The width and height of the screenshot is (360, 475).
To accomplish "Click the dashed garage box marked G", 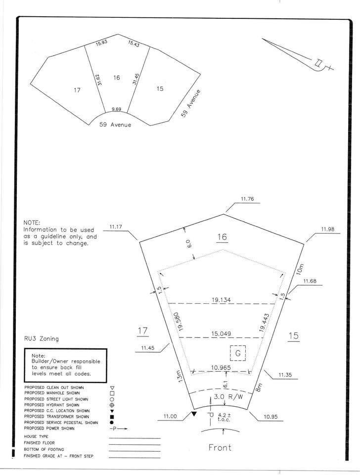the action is coord(238,353).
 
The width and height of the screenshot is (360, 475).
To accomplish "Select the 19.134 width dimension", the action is coord(221,300).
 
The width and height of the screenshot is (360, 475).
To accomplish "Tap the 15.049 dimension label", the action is coord(221,334).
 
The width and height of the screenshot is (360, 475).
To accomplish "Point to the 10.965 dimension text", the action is coord(221,368).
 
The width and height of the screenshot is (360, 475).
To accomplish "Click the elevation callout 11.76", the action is coord(247,199).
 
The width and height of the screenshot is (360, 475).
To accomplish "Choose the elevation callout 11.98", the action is coord(328,229).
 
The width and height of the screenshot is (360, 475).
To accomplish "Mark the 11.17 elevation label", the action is coord(116,226).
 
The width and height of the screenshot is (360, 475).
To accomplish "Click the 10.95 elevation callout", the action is coord(270,417).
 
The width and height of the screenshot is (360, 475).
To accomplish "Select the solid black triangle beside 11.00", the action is coord(194,414).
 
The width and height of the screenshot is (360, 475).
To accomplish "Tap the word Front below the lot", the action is coord(220,447).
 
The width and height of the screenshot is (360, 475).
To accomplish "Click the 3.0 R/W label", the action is coord(228,397).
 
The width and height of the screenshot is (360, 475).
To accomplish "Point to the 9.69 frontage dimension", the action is coord(116,109).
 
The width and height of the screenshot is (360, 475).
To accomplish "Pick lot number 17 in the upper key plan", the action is coord(77,90).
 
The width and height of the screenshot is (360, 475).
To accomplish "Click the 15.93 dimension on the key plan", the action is coord(102,43).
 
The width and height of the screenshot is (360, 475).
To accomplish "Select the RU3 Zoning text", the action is coord(42,338).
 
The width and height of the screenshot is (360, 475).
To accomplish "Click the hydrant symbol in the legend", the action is coord(112,405).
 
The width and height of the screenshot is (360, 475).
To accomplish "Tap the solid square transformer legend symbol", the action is coord(112,417).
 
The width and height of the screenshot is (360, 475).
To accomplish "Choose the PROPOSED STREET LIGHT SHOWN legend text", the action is coord(56,399).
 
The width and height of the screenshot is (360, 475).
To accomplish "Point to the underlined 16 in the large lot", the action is coord(222,237).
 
